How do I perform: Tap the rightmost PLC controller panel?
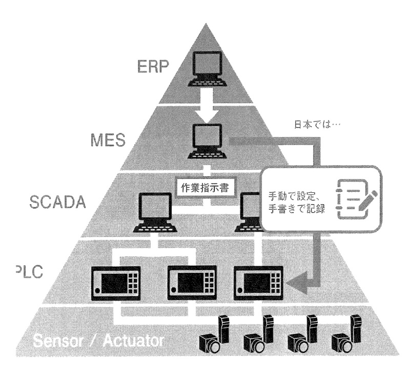258,282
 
